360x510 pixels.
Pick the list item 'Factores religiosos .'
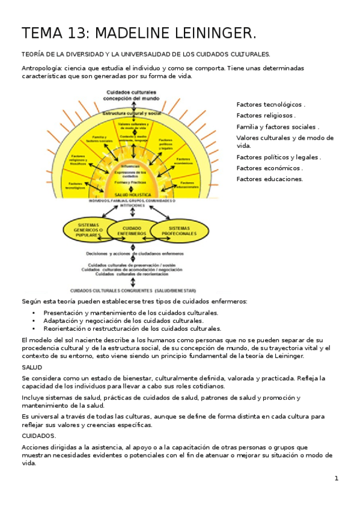pyautogui.click(x=266, y=115)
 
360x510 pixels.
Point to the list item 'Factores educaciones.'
pyautogui.click(x=270, y=179)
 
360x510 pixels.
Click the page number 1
pyautogui.click(x=337, y=478)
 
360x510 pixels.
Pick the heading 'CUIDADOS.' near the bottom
pyautogui.click(x=38, y=435)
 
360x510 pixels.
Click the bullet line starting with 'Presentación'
pyautogui.click(x=130, y=313)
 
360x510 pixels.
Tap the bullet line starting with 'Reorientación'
pyautogui.click(x=132, y=329)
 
